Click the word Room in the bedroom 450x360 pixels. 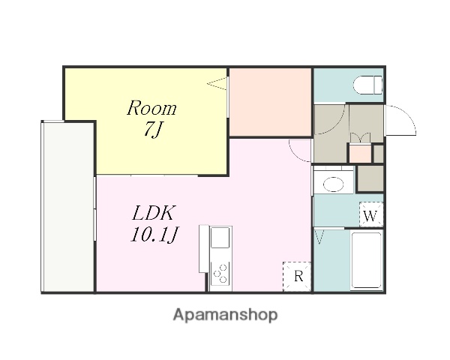click(x=151, y=108)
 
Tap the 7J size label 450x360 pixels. click(x=152, y=130)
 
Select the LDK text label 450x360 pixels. click(x=153, y=213)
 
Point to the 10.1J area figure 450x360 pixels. click(x=154, y=234)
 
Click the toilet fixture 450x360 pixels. click(x=367, y=85)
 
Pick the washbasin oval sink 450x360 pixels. click(x=333, y=184)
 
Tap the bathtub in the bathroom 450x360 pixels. click(x=367, y=260)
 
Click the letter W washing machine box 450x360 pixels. click(x=371, y=214)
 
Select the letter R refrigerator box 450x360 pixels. click(x=297, y=277)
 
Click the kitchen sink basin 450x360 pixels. click(x=220, y=238)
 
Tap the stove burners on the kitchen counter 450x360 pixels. click(x=220, y=274)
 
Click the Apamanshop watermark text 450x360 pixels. click(x=226, y=315)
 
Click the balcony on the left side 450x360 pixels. click(x=68, y=207)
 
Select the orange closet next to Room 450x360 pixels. click(x=270, y=102)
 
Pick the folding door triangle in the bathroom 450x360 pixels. click(x=319, y=237)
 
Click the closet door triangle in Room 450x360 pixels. click(x=217, y=83)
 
